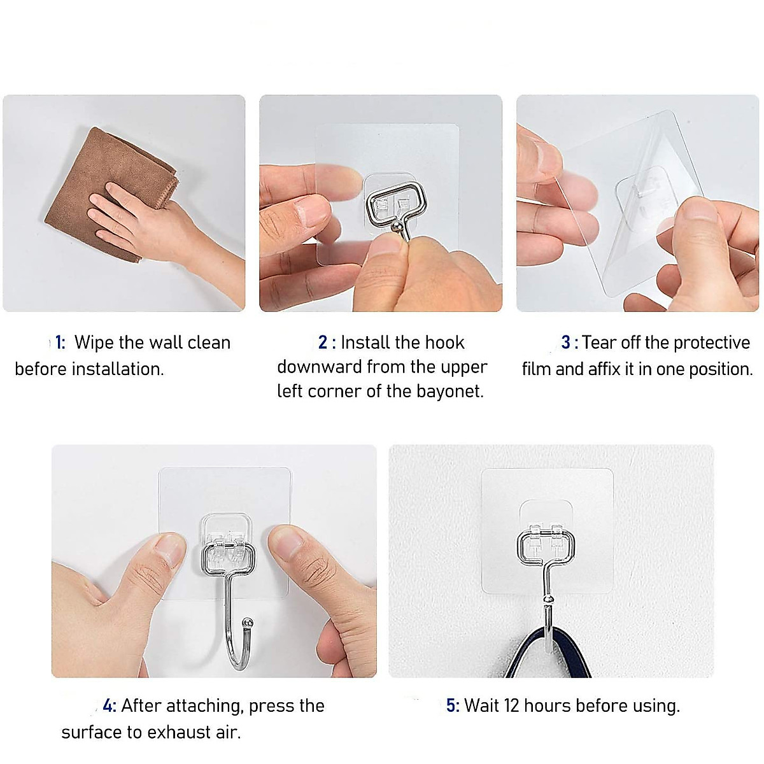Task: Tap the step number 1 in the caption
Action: [x=59, y=343]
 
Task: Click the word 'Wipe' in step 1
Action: [x=94, y=343]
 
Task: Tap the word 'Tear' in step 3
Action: [x=600, y=343]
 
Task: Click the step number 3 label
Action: [x=566, y=343]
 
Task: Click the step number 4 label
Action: [x=109, y=705]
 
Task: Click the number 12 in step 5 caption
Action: [x=512, y=705]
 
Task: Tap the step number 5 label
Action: [x=451, y=705]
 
